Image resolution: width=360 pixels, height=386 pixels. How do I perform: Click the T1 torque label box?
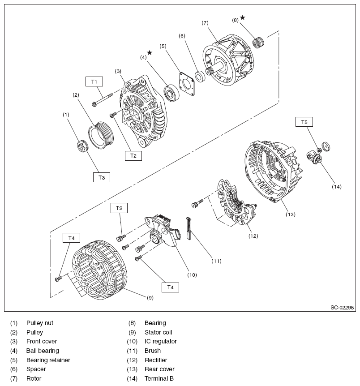click(x=94, y=81)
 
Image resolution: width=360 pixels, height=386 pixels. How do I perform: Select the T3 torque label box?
click(x=102, y=177)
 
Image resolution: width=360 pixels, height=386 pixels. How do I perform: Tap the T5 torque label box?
click(x=304, y=122)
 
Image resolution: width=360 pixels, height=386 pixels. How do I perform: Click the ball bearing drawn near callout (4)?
click(x=171, y=92)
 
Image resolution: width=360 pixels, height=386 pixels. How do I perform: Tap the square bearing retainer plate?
click(x=186, y=83)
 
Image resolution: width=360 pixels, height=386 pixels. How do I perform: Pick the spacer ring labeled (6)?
click(x=200, y=76)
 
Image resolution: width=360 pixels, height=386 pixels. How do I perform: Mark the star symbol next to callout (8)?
click(x=242, y=17)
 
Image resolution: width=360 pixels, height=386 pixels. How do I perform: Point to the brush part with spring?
click(x=189, y=227)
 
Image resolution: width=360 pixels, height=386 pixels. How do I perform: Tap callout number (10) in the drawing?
click(x=192, y=274)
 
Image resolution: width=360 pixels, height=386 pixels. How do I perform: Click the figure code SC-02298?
click(x=342, y=308)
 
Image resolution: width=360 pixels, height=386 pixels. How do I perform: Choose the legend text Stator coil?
click(x=158, y=332)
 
